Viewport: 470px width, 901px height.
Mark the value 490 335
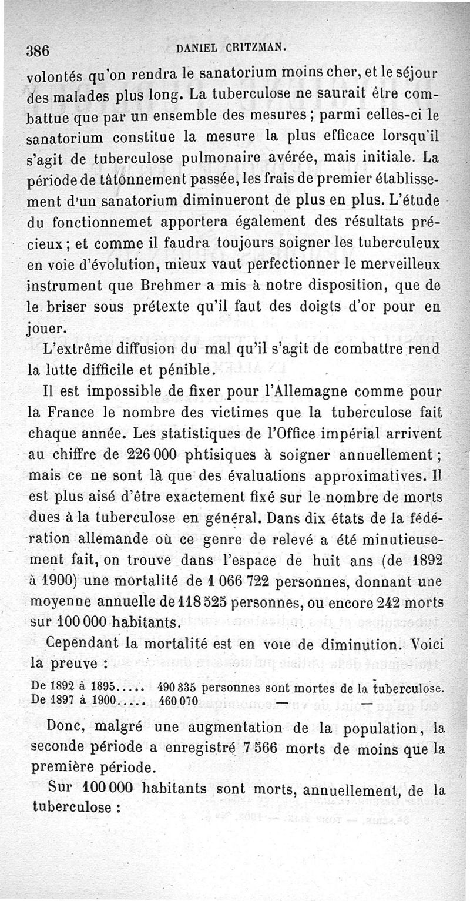[x=179, y=687]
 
